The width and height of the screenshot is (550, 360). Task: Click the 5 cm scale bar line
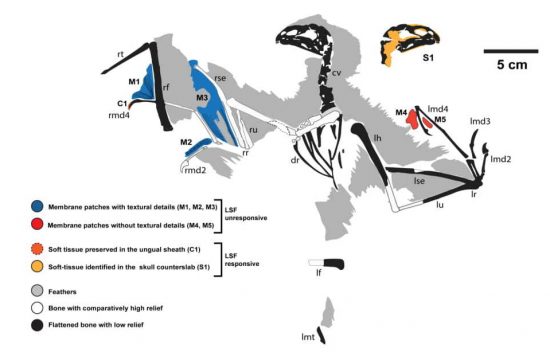[511, 51]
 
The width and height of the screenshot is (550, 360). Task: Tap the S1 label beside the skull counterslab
[428, 58]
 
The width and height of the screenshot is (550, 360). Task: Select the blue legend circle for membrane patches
[37, 206]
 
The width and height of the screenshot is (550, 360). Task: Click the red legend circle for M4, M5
[37, 224]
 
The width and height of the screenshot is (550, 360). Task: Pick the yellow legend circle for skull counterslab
[37, 266]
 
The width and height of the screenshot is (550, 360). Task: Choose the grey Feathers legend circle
[37, 291]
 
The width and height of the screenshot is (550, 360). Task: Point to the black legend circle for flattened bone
[37, 325]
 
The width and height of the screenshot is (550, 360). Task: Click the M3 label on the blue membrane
[202, 97]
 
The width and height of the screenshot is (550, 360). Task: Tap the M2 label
[186, 142]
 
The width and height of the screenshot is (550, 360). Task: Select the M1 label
[134, 82]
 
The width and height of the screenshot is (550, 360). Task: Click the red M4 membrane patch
[412, 119]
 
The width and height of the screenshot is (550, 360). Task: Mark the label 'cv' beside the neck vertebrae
[336, 73]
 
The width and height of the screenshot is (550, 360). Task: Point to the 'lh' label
[377, 138]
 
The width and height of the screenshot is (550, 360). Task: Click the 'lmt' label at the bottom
[308, 337]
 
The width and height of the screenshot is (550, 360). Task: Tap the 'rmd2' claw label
[195, 171]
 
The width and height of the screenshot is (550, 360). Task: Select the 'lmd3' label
[480, 121]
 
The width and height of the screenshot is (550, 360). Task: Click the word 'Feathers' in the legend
[62, 292]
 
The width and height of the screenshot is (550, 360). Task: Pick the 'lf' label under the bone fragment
[318, 272]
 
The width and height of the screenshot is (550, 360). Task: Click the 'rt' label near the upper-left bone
[120, 54]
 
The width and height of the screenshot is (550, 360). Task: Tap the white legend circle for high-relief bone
[37, 308]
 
